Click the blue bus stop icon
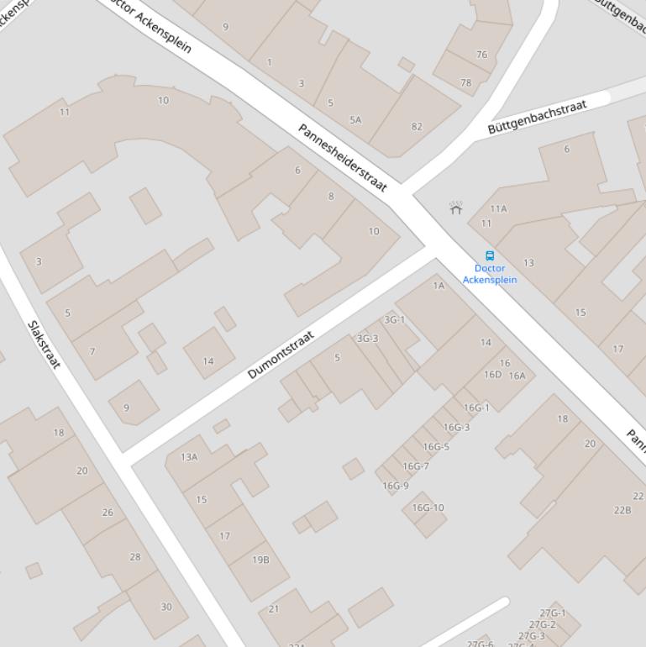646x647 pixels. pyautogui.click(x=490, y=255)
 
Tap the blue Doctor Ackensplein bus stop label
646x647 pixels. pyautogui.click(x=490, y=274)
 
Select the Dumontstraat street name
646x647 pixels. pyautogui.click(x=281, y=355)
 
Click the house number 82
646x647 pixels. pyautogui.click(x=417, y=127)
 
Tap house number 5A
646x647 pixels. pyautogui.click(x=355, y=120)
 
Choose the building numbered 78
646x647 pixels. pyautogui.click(x=465, y=83)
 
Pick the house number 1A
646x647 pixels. pyautogui.click(x=439, y=286)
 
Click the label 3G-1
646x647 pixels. pyautogui.click(x=394, y=319)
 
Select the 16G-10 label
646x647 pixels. pyautogui.click(x=428, y=508)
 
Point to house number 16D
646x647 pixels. pyautogui.click(x=492, y=375)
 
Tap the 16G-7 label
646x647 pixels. pyautogui.click(x=415, y=466)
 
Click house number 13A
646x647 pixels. pyautogui.click(x=189, y=457)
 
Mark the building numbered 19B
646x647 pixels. pyautogui.click(x=260, y=560)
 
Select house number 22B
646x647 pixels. pyautogui.click(x=622, y=510)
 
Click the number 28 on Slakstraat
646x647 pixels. pyautogui.click(x=134, y=556)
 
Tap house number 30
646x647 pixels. pyautogui.click(x=165, y=607)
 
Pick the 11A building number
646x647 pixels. pyautogui.click(x=498, y=208)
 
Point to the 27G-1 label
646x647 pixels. pyautogui.click(x=552, y=613)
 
